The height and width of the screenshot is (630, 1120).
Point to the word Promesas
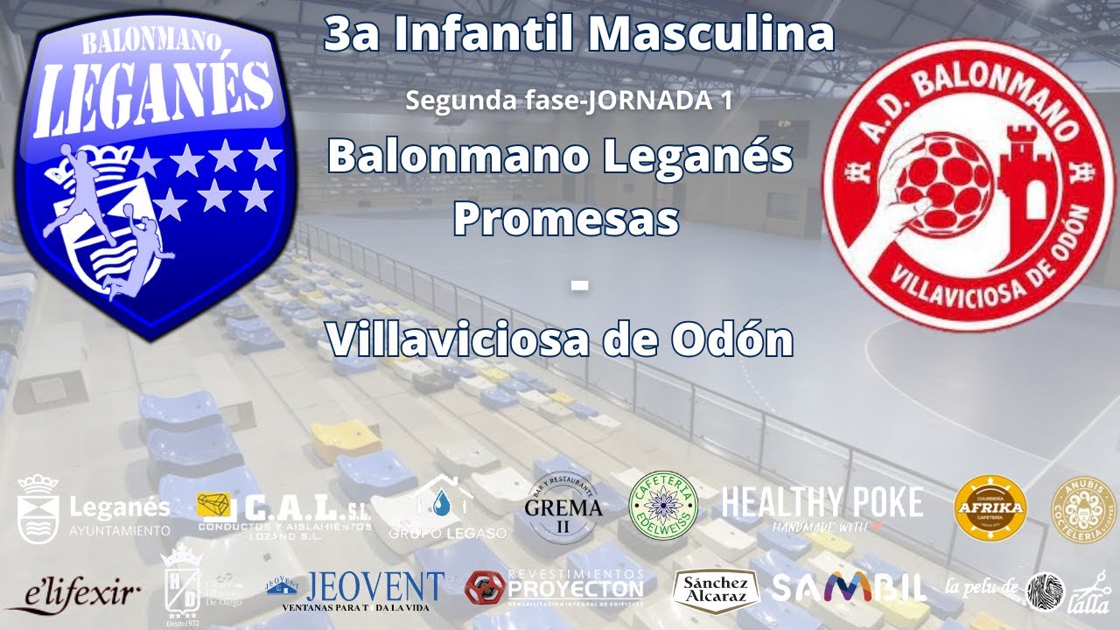566,220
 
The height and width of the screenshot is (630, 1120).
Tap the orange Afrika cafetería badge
990,508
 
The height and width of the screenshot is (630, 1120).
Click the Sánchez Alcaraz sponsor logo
715,590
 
